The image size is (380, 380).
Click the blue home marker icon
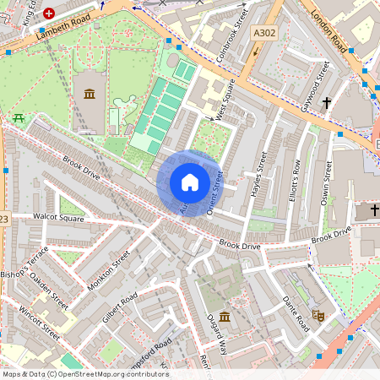click(189, 182)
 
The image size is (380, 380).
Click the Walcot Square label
click(58, 218)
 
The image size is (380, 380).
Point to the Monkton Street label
click(109, 269)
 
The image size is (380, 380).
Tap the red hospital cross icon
click(50, 14)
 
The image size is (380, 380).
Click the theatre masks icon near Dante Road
click(319, 314)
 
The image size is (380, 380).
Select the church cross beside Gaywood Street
click(324, 100)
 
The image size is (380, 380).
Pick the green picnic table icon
click(18, 117)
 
